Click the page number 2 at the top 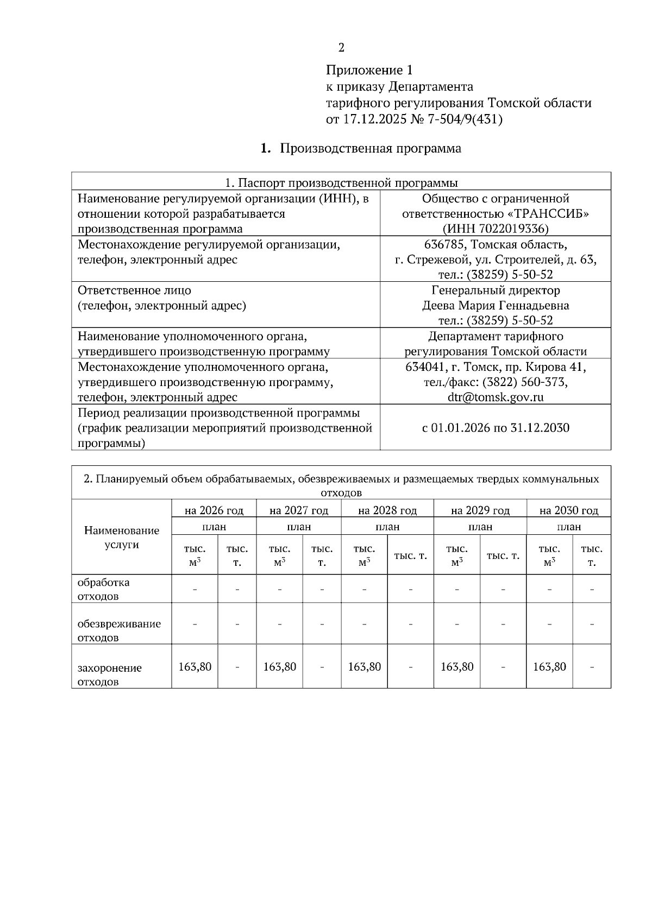341,48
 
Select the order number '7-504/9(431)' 465,119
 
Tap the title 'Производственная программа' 370,149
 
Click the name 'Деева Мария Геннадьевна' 496,305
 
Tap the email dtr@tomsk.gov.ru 496,397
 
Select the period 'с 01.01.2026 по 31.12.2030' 496,428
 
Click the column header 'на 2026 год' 214,510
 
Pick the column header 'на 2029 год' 480,510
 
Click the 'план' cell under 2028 387,527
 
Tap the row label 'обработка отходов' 104,589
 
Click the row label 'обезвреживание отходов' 119,630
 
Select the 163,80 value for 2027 280,666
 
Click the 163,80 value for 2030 549,666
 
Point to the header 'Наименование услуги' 122,538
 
